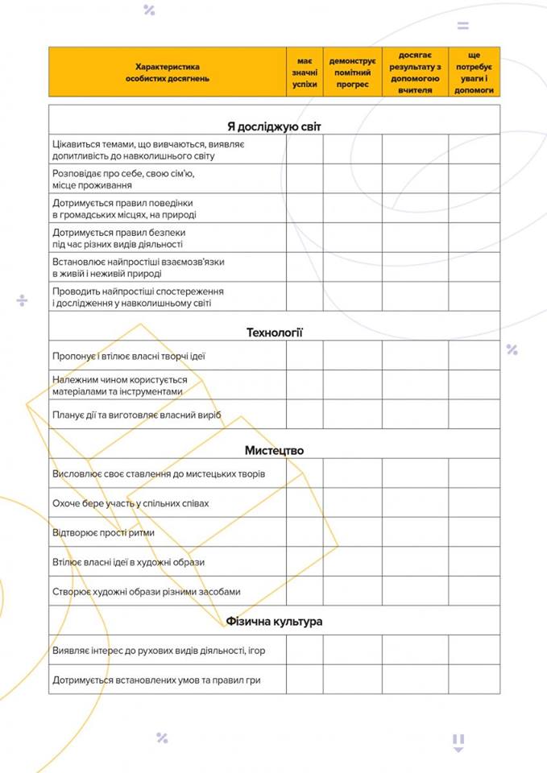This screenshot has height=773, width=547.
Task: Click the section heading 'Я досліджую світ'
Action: pos(274,126)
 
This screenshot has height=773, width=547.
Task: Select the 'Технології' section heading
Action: pos(274,332)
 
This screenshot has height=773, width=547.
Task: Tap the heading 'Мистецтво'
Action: pos(274,450)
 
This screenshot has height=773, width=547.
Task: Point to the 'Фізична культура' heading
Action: pos(274,622)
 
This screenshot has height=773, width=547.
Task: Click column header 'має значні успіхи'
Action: pos(305,72)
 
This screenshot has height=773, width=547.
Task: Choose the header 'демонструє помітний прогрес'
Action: pos(352,72)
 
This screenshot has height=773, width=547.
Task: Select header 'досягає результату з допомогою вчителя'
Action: pos(415,72)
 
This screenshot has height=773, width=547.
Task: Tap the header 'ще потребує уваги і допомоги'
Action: pos(474,72)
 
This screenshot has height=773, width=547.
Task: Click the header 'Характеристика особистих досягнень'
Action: pos(168,72)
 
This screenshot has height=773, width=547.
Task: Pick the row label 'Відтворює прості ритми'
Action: pos(103,532)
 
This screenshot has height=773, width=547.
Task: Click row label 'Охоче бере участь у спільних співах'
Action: pos(131,503)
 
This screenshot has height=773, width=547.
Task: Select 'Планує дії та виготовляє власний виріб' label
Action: pos(136,415)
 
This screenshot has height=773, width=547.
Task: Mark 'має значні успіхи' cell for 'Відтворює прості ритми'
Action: pos(305,532)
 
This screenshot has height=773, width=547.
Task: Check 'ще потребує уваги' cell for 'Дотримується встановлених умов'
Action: pos(474,680)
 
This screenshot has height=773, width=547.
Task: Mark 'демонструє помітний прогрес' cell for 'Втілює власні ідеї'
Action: pos(352,562)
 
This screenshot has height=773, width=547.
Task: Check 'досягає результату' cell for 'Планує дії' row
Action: pos(415,415)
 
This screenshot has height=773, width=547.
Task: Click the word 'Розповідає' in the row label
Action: pos(77,173)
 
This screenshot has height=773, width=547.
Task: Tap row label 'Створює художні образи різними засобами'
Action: pos(146,591)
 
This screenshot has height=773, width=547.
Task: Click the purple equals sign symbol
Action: pos(462,26)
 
